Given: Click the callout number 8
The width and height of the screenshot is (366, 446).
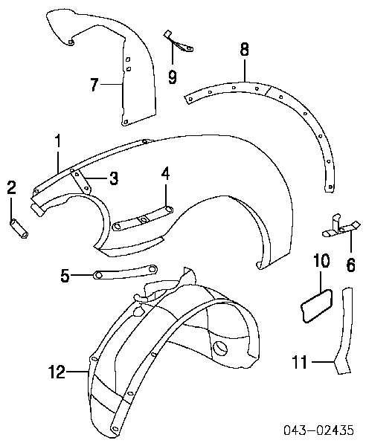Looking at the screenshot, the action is pos(244,49).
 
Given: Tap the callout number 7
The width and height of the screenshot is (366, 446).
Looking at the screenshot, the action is pos(95,84).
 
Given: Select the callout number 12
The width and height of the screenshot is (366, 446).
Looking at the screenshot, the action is pos(57,372).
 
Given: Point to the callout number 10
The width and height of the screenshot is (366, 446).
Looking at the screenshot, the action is pos(321,261).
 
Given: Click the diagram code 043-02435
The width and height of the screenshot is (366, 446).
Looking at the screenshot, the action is pos(318,430).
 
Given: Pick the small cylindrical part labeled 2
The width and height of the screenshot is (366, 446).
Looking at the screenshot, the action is pos(19,228).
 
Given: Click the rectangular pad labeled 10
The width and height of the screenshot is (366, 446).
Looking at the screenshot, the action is pos(316,306).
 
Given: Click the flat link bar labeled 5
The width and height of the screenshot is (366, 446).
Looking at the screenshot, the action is pos(126,271).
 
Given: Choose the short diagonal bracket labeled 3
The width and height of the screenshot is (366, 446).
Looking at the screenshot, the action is pos(81,181).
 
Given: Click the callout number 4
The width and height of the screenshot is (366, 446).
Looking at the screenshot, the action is pos(165,174).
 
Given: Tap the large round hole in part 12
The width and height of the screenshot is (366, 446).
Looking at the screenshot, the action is pos(220,349).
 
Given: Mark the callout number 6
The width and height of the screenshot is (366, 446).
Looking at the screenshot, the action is pos(350,265).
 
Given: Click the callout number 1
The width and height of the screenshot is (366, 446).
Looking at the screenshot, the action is pos(58,141).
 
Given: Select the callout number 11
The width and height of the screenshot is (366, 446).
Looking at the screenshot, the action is pos(300,363).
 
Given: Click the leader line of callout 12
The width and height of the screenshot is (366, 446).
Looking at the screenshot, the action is pos(77,372).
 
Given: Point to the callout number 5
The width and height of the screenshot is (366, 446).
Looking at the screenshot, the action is pos(65,275).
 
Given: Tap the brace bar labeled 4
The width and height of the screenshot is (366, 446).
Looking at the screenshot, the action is pos(143,219).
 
